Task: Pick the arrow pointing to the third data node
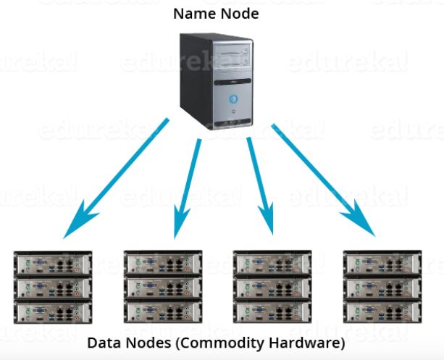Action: [x=261, y=185]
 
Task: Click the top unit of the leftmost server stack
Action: [x=54, y=263]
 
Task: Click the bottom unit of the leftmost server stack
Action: [x=54, y=312]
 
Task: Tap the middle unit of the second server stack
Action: [x=162, y=288]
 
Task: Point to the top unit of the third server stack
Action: [x=272, y=263]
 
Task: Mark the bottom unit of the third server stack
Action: [x=272, y=312]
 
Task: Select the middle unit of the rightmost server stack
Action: [x=381, y=288]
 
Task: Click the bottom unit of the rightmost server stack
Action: [x=381, y=312]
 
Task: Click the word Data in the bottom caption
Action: [x=104, y=341]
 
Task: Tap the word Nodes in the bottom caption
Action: [x=146, y=341]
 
